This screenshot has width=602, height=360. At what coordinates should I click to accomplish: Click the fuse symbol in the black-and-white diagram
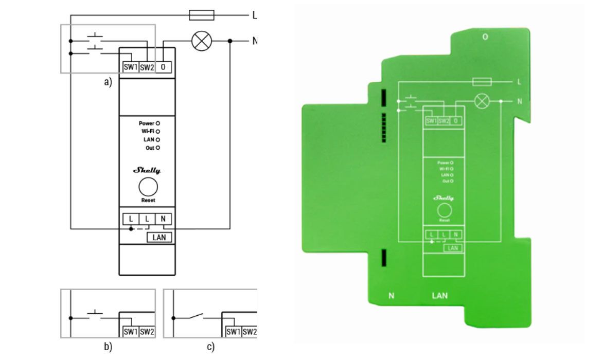click(x=202, y=15)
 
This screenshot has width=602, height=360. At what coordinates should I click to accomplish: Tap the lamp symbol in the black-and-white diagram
click(x=201, y=41)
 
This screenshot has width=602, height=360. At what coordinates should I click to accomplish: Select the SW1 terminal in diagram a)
click(x=131, y=67)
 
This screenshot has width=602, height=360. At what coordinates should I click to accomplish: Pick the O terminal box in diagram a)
click(x=163, y=67)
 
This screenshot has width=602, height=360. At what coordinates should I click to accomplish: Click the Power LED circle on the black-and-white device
click(x=158, y=123)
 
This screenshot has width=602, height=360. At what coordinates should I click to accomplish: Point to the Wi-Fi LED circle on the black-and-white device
click(x=158, y=132)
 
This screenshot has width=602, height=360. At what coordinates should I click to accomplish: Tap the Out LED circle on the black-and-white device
click(x=158, y=148)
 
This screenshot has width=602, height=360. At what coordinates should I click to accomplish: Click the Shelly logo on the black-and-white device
click(x=147, y=170)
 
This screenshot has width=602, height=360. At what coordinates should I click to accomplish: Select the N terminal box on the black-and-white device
click(x=163, y=219)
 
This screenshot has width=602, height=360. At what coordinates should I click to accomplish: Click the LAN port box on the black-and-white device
click(x=160, y=237)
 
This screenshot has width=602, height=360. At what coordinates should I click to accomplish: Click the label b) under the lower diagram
click(x=108, y=347)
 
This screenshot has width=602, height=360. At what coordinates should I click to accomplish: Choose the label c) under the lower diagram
click(x=210, y=347)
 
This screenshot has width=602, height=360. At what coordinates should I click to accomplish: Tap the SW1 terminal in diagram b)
click(x=131, y=332)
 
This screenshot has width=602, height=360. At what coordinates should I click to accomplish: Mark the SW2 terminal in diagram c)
click(x=250, y=332)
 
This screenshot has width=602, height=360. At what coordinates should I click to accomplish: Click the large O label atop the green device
click(x=485, y=37)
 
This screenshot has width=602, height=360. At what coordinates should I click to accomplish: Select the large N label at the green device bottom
click(x=391, y=296)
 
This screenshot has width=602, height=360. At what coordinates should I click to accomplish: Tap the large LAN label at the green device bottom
click(x=440, y=296)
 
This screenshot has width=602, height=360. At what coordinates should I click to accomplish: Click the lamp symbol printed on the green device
click(x=482, y=101)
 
